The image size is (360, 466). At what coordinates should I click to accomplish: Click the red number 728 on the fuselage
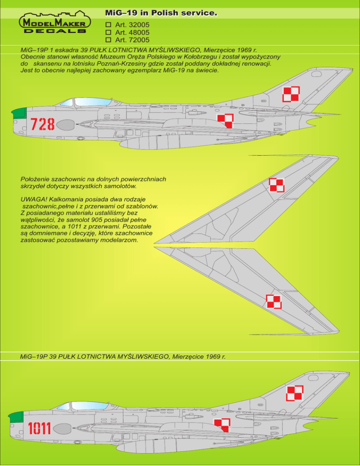coord(43,124)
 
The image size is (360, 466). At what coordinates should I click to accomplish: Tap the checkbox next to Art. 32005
coord(107,23)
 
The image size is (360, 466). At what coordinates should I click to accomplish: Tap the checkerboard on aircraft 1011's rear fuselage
coord(222,425)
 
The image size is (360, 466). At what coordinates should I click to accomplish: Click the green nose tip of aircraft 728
coord(19,113)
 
